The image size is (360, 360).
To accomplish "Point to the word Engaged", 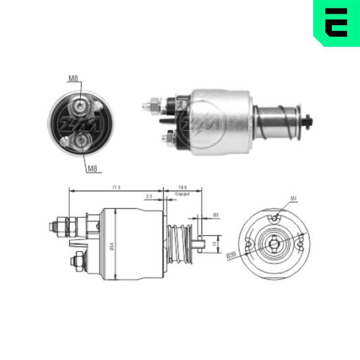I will [x=182, y=193].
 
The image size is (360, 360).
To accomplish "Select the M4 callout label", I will [x=293, y=198].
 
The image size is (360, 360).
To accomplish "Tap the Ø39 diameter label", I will [x=231, y=256].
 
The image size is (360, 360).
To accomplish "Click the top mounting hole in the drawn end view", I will [x=275, y=217].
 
